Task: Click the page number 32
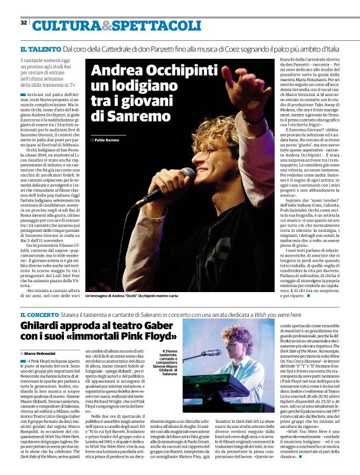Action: (x=23, y=23)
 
